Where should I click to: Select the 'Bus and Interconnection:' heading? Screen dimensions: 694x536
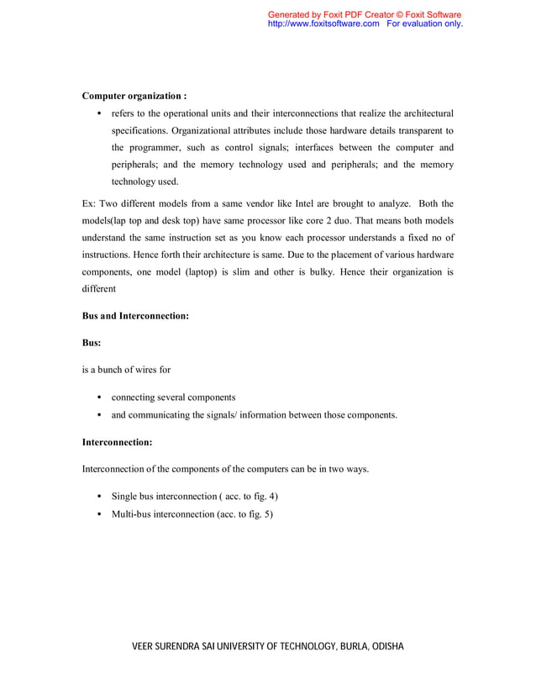[134, 316]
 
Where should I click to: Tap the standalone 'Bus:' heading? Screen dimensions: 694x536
[92, 343]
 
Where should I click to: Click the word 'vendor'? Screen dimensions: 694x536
[252, 203]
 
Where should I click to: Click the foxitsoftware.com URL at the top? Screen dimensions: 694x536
[323, 24]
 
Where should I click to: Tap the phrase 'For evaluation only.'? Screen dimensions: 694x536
[425, 24]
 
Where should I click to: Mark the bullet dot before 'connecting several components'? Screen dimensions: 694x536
[100, 397]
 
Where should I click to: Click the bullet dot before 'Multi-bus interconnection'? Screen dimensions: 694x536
[100, 513]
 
